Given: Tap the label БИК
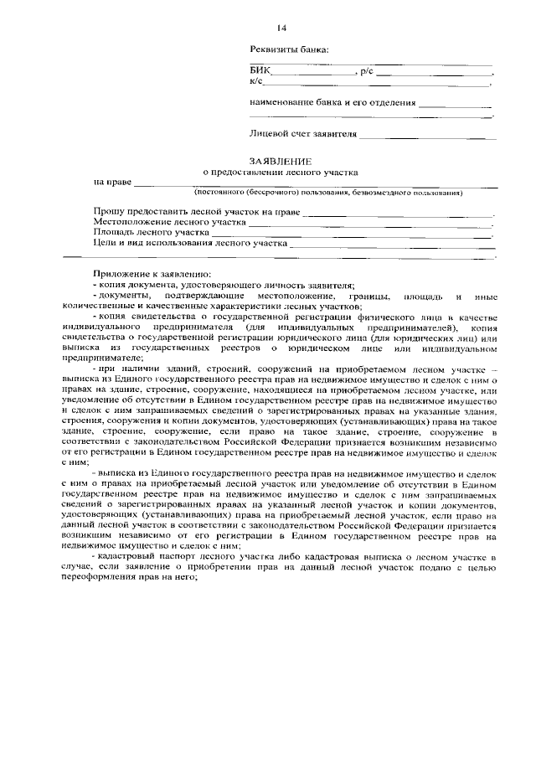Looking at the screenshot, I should pos(259,72).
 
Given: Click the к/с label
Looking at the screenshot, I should pos(256,82).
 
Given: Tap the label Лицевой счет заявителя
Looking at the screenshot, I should pos(303,133).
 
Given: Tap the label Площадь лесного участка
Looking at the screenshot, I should pos(150,233).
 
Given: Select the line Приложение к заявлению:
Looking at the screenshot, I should pos(147,275).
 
